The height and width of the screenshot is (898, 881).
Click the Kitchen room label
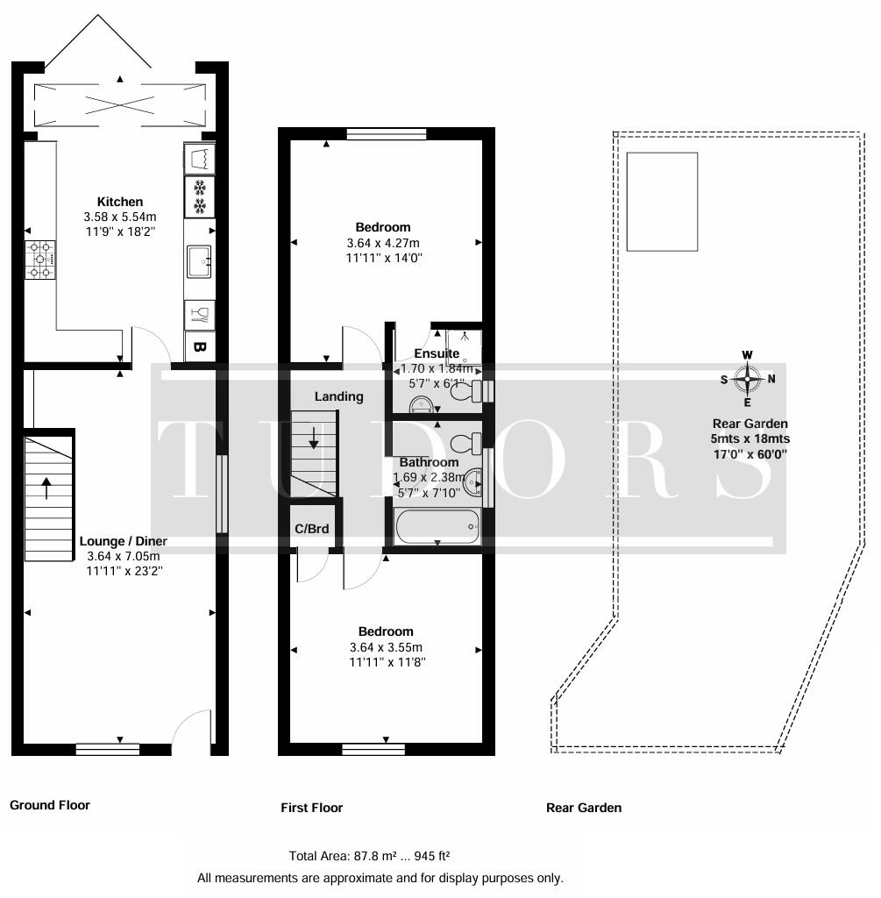pyautogui.click(x=120, y=202)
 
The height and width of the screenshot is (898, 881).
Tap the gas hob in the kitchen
pyautogui.click(x=40, y=260)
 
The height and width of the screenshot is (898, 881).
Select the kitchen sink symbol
pyautogui.click(x=198, y=260)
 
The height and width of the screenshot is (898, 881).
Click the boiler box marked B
pyautogui.click(x=199, y=347)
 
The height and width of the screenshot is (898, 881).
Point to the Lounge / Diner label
pyautogui.click(x=123, y=541)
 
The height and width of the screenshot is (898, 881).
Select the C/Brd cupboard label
pyautogui.click(x=311, y=529)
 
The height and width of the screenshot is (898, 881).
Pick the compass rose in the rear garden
pyautogui.click(x=747, y=379)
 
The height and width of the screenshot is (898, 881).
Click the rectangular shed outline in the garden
pyautogui.click(x=663, y=201)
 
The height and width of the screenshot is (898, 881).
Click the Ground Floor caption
pyautogui.click(x=50, y=805)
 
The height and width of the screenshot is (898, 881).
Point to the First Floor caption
pyautogui.click(x=311, y=808)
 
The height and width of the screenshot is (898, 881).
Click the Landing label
pyautogui.click(x=338, y=396)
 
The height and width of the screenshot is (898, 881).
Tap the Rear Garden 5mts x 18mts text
pyautogui.click(x=749, y=438)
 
